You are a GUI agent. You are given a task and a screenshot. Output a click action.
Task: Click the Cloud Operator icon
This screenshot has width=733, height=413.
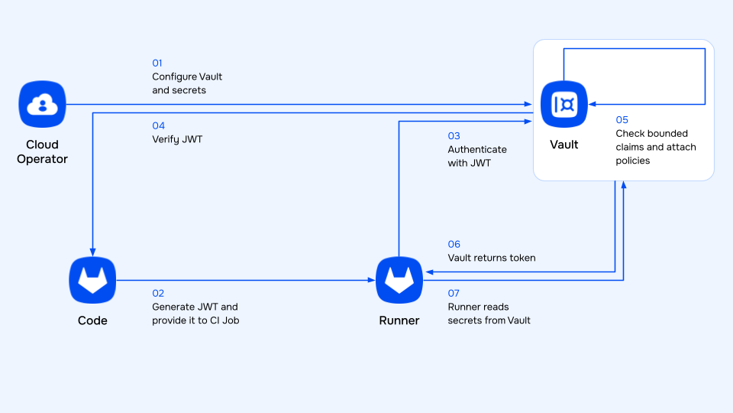43,104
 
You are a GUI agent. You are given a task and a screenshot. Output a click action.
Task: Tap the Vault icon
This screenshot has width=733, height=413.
564,104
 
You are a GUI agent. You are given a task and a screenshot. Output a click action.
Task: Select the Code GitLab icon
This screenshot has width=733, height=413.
92,280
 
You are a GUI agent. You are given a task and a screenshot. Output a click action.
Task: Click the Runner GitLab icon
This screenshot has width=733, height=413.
399,280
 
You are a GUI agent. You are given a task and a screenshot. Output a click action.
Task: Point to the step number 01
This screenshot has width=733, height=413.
158,63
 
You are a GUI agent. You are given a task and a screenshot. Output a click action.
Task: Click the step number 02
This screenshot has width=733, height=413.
158,293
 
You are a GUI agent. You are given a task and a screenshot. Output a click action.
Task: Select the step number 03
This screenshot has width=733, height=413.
454,136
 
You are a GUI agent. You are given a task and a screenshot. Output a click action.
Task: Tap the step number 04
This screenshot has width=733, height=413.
158,125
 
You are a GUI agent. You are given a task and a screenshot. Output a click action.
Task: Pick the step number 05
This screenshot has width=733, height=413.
622,120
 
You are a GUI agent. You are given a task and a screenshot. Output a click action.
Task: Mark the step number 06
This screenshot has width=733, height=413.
454,245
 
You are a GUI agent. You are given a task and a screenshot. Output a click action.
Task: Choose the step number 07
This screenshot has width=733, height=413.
454,293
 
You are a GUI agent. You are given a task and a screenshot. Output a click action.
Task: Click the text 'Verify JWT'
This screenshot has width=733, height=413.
178,139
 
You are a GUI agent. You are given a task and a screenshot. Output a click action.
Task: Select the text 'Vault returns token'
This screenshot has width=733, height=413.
491,258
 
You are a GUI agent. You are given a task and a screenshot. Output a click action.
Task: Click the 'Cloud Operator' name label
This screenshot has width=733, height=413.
43,152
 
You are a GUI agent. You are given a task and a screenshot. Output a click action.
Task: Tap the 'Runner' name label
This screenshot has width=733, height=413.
399,320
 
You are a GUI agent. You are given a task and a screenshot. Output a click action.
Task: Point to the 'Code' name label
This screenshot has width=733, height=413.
92,320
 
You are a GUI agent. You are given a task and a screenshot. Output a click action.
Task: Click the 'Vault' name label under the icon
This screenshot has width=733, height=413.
564,145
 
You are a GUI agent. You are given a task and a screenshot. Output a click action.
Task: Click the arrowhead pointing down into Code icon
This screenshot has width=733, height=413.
92,252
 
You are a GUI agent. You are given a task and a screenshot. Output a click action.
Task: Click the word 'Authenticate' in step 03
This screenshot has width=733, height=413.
477,149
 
